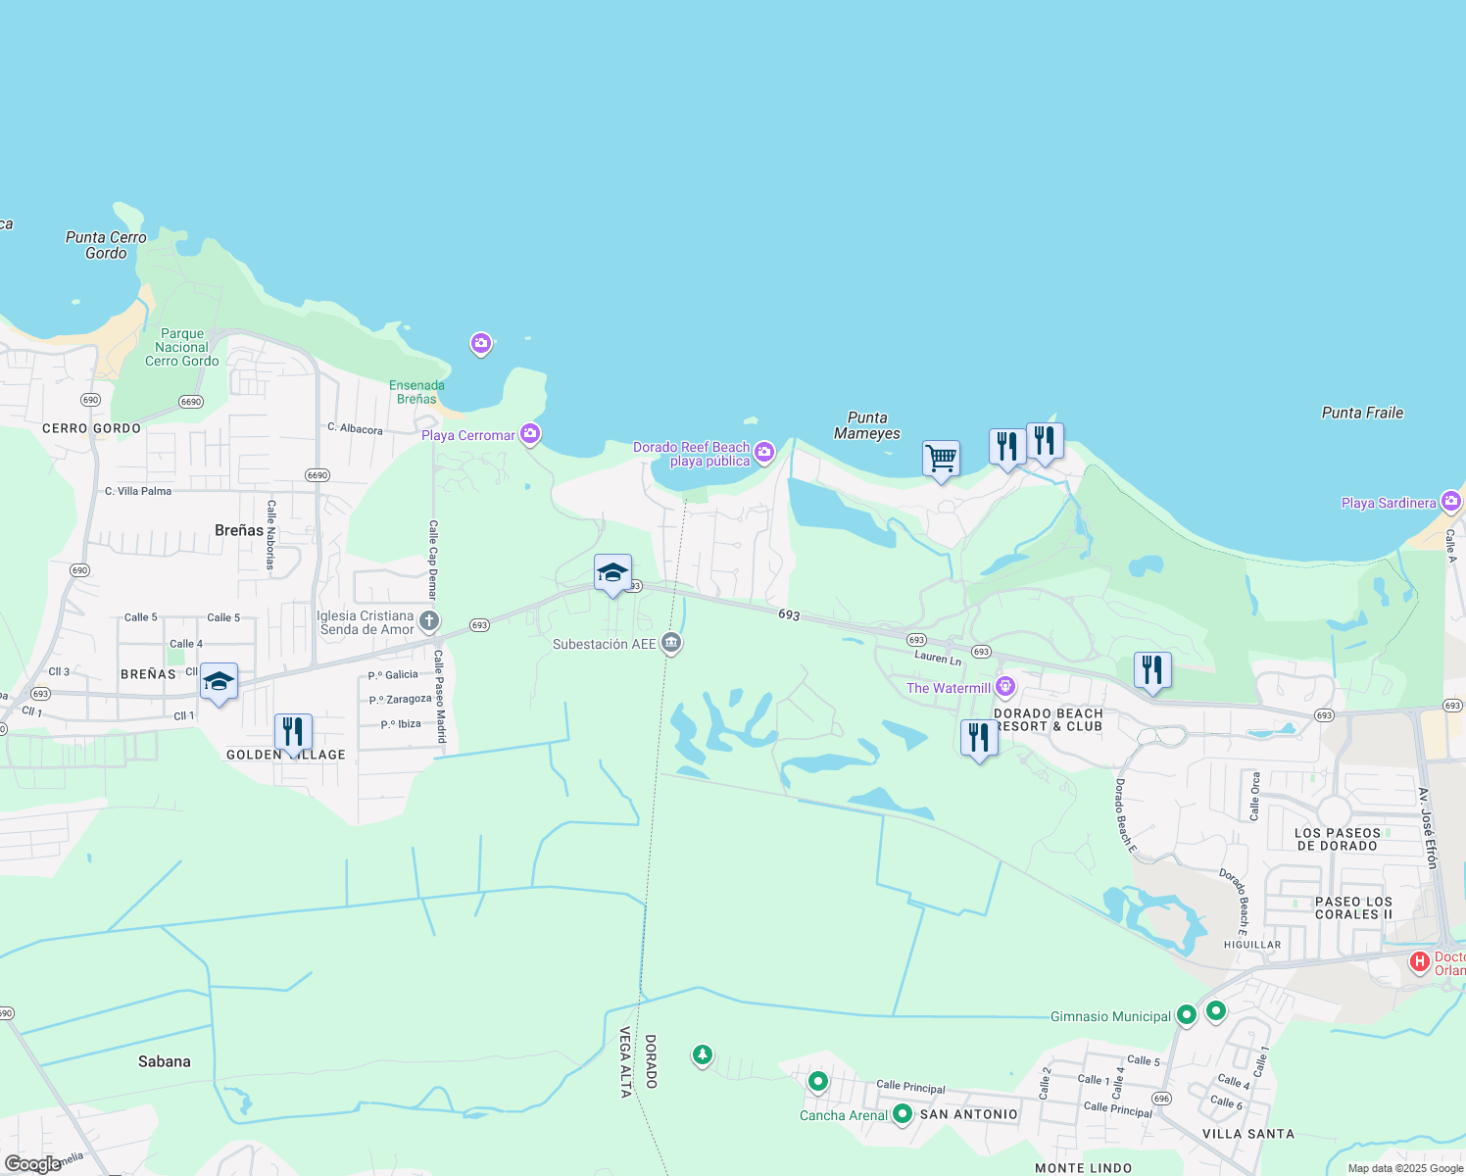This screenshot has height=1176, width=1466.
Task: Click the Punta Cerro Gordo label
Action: (x=106, y=245)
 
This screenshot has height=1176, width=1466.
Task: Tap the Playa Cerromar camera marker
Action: (x=530, y=433)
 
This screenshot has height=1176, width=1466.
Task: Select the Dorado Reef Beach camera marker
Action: (x=764, y=452)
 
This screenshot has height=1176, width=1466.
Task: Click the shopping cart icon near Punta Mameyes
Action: (x=941, y=458)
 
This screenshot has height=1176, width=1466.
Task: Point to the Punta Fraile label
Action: (x=1362, y=413)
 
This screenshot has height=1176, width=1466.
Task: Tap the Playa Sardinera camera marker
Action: (x=1450, y=502)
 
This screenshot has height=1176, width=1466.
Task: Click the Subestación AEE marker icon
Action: (x=671, y=643)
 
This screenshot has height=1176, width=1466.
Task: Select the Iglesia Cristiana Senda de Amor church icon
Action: (x=428, y=620)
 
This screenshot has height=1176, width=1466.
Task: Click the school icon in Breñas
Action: (x=219, y=681)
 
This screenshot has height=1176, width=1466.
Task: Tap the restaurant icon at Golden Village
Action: (x=293, y=732)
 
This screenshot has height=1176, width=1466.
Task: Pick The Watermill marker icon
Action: (x=1004, y=687)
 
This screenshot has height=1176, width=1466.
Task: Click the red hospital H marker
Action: (x=1419, y=962)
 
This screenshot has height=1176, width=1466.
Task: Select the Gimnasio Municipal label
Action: (x=1110, y=1016)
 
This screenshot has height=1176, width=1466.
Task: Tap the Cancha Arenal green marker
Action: (x=903, y=1114)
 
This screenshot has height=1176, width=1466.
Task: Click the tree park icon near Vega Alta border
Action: (x=702, y=1054)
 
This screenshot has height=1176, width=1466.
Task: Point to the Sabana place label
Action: (x=165, y=1061)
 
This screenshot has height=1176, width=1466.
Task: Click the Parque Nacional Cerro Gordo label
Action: (x=182, y=347)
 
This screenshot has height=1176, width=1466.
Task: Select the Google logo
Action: (x=33, y=1164)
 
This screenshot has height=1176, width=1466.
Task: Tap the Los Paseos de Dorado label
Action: (x=1338, y=839)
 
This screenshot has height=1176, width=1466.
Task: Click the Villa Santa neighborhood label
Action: (x=1247, y=1134)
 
